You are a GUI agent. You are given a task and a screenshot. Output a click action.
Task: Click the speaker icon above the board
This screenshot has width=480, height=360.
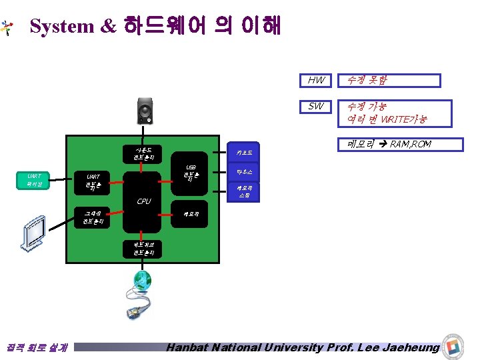point(146,110)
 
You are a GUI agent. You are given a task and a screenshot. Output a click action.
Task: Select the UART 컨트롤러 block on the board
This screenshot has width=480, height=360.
point(94,180)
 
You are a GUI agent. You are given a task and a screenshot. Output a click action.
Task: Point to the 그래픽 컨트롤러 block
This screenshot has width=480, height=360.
point(93,217)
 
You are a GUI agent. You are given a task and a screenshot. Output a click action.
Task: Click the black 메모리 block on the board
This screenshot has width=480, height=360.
point(191,213)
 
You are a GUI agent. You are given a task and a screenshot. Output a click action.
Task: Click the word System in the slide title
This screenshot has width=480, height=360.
point(62,26)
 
